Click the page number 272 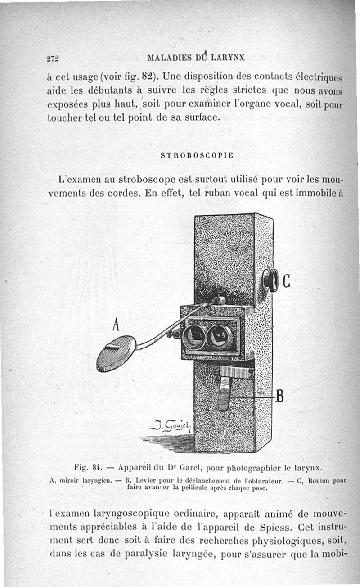tap(53, 58)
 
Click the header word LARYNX tap(225, 57)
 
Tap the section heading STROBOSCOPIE tap(197, 155)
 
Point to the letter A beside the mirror tap(116, 324)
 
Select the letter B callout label tap(279, 397)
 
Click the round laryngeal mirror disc tap(116, 353)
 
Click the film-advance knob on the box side tap(270, 280)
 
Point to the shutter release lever tap(224, 393)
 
